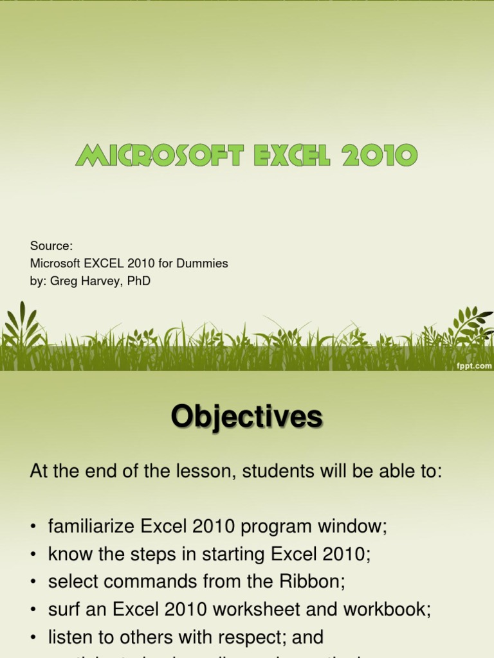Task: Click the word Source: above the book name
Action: tap(51, 246)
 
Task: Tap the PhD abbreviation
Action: tap(138, 281)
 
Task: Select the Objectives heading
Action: tap(246, 418)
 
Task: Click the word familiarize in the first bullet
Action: tap(91, 527)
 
